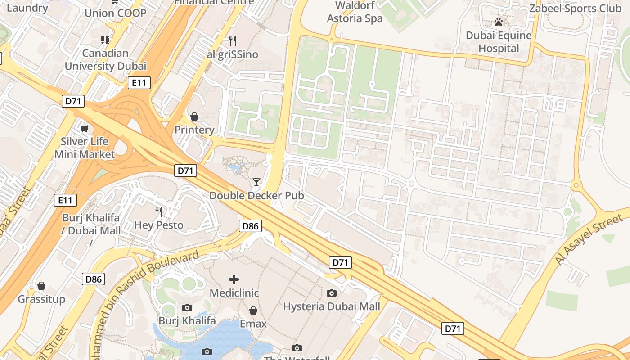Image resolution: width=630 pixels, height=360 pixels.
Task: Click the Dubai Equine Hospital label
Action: coord(499,42)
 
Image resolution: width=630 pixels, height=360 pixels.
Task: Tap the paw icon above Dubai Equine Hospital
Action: coord(499,22)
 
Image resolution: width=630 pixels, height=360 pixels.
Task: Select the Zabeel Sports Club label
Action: coord(575,9)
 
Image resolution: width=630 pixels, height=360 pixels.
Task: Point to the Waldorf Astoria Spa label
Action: coord(355,12)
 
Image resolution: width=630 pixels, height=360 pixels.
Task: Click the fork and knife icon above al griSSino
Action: coord(233,41)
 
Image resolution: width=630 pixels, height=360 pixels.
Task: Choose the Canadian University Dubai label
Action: coord(105,60)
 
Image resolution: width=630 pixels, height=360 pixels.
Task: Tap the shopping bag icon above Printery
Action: coord(194,117)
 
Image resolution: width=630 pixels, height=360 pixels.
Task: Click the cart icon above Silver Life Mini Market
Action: coord(84,129)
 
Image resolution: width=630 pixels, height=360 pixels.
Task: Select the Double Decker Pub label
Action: coord(256,196)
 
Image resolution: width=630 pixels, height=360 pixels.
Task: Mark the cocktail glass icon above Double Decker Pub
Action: coord(256,182)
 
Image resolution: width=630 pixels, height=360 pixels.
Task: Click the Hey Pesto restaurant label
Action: coord(159,225)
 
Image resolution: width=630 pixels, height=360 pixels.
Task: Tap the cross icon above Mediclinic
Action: coord(234,279)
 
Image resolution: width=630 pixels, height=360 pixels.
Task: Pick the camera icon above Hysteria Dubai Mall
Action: coord(332,293)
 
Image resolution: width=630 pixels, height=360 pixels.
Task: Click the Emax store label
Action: coord(253,324)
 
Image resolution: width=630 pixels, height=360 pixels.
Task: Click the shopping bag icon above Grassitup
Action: coord(41,286)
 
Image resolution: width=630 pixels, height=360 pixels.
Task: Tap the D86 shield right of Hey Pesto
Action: coord(250,226)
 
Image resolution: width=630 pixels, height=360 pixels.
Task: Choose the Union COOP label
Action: coord(116,13)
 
